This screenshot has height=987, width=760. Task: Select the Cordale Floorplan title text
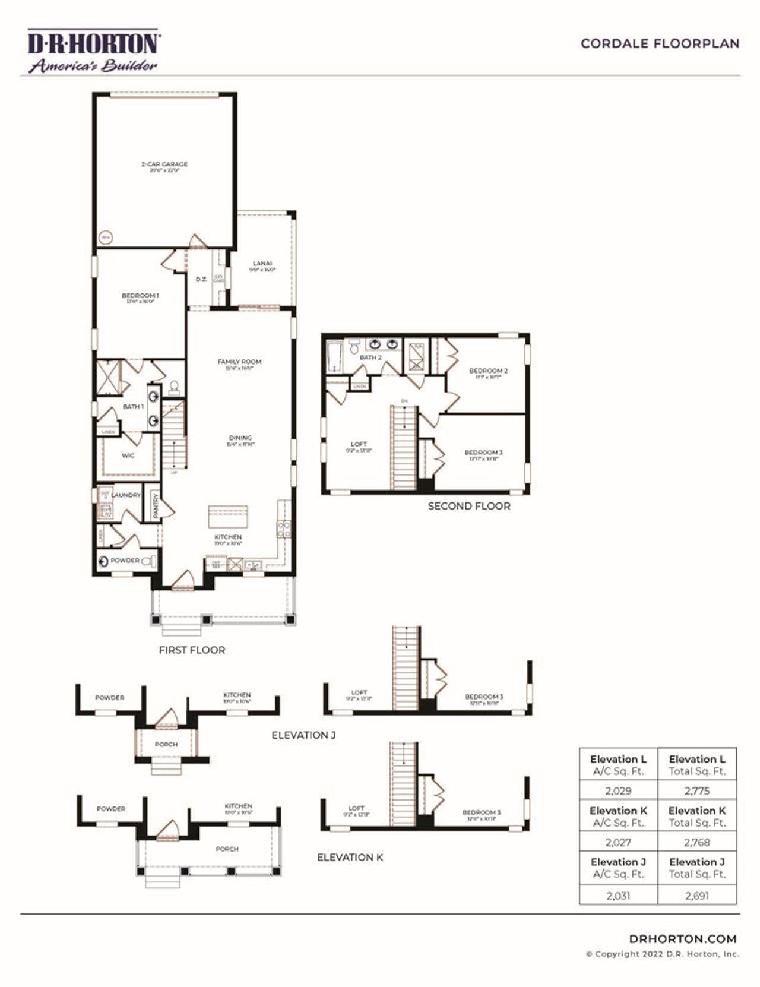click(x=660, y=44)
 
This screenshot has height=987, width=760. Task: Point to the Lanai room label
click(x=262, y=264)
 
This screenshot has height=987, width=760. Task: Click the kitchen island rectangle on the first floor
click(x=228, y=516)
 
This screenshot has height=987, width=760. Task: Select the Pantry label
click(x=156, y=508)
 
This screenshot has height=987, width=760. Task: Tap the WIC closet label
click(x=128, y=456)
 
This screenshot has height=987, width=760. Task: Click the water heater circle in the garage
click(x=106, y=238)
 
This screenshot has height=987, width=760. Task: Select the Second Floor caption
click(x=469, y=506)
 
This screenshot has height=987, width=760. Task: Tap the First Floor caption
click(x=192, y=650)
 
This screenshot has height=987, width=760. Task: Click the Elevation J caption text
click(x=303, y=735)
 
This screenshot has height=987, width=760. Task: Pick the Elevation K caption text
click(x=350, y=858)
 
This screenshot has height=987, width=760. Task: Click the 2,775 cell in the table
click(x=696, y=791)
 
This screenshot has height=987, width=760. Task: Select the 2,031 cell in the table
click(x=618, y=896)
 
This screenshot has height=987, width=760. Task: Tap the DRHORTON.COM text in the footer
click(x=683, y=939)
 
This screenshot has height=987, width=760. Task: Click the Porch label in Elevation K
click(x=227, y=849)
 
